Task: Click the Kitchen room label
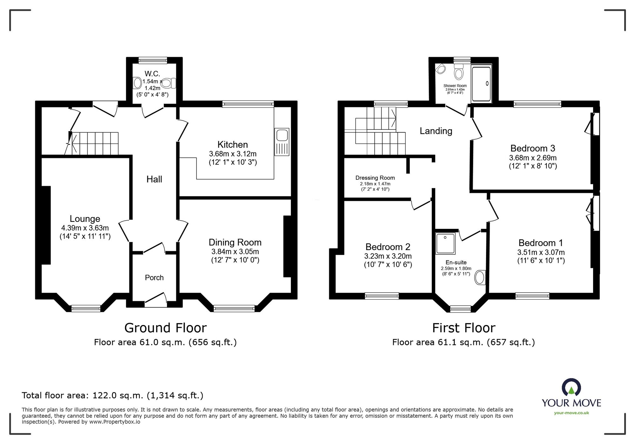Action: (232, 145)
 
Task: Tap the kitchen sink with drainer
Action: (282, 142)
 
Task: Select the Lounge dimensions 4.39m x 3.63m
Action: (85, 228)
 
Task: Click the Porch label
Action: (154, 278)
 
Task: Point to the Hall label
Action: (154, 179)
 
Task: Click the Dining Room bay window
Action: (234, 308)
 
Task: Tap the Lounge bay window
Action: (86, 308)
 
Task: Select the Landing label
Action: (436, 131)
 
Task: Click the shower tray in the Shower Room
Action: (481, 83)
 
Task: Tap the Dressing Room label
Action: (375, 178)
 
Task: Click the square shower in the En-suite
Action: (445, 243)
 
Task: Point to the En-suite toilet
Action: (480, 278)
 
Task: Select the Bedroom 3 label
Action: (533, 148)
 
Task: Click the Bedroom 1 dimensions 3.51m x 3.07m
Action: (541, 252)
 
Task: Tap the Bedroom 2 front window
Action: (382, 296)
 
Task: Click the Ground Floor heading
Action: (165, 328)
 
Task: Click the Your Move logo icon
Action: (571, 387)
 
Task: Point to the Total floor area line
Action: (112, 395)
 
